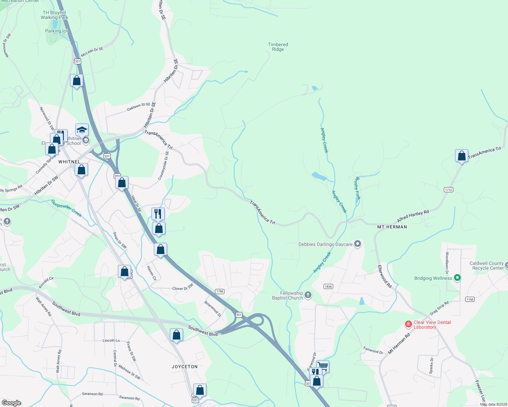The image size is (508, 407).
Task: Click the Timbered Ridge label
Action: tap(278, 47)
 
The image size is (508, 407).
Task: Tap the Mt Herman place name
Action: tap(392, 227)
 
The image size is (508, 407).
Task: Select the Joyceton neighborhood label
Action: tap(184, 367)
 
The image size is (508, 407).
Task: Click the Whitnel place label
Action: tap(69, 162)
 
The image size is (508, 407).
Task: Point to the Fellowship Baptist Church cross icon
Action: tap(308, 295)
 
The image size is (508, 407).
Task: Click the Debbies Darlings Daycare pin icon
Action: tap(357, 244)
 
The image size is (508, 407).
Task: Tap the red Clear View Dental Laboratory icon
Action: tap(409, 325)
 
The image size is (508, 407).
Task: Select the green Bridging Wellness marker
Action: tap(457, 278)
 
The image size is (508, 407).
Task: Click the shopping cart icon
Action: tap(323, 366)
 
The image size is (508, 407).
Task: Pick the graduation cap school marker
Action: tap(82, 130)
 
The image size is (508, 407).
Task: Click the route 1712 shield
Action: tap(448, 190)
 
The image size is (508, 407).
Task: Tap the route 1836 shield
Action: tap(328, 286)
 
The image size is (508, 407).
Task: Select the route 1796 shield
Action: tap(219, 291)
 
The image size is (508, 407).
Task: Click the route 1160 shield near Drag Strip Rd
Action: tap(470, 299)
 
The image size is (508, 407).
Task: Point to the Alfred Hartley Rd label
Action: tap(413, 216)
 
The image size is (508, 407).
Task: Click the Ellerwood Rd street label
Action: tap(385, 276)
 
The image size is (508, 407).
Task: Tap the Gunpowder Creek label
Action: tap(67, 208)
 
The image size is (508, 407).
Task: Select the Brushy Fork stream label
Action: tap(357, 188)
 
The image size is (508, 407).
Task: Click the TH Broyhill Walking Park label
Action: tap(54, 15)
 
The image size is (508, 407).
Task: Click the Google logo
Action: tap(12, 403)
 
